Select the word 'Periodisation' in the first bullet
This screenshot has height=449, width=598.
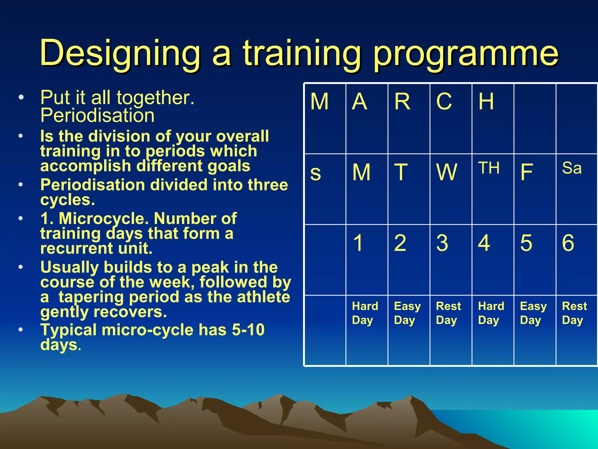97,115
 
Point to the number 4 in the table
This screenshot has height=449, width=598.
484,243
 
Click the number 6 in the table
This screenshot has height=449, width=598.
568,243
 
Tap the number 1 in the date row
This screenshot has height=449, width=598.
358,243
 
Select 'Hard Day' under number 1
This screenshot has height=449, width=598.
365,313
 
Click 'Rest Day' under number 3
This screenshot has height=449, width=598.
448,313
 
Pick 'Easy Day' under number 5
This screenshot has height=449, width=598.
533,313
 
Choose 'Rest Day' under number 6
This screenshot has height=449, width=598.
574,313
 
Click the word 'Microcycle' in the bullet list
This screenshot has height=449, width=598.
104,219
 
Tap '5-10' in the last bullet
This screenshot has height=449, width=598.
248,330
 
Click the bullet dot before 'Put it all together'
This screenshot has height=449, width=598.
20,98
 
